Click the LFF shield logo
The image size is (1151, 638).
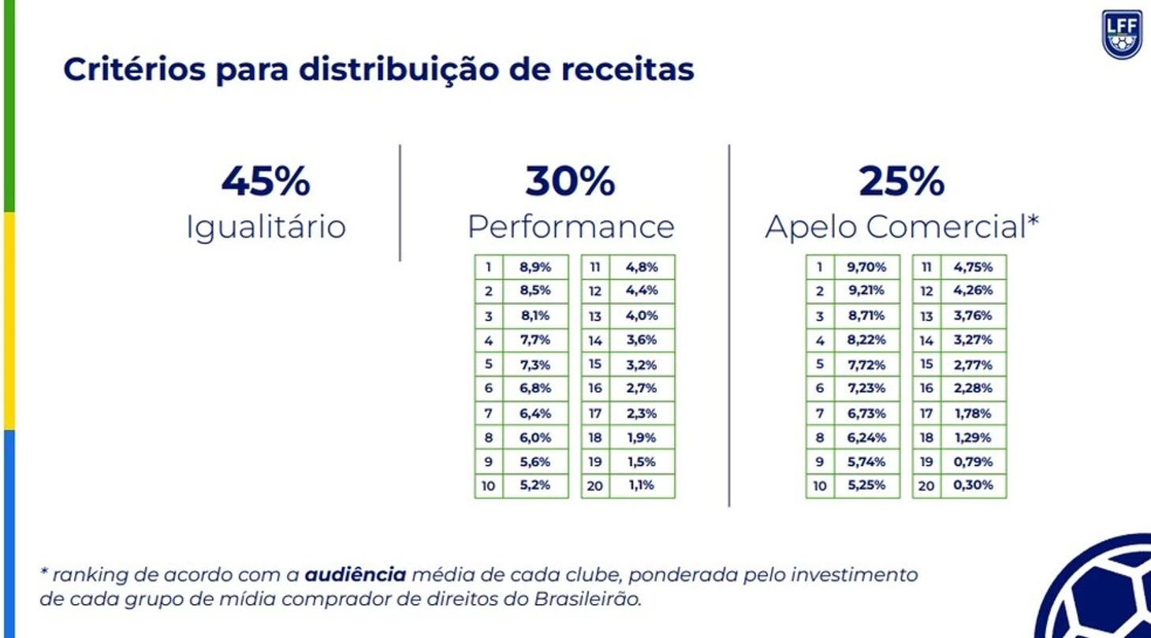click(x=1121, y=34)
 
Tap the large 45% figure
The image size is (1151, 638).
click(x=266, y=181)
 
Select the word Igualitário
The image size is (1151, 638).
click(x=266, y=227)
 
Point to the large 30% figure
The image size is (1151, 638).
click(x=570, y=181)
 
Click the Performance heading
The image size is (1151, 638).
click(x=571, y=227)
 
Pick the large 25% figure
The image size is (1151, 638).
click(x=901, y=181)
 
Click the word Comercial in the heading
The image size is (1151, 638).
click(x=943, y=227)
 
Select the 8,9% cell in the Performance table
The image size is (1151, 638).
click(x=535, y=267)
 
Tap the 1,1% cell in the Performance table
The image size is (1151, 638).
click(x=641, y=486)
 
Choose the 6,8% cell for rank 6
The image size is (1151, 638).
click(x=535, y=388)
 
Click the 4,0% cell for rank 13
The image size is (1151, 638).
click(x=641, y=315)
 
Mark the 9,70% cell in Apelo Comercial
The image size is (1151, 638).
click(x=866, y=267)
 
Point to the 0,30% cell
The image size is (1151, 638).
click(x=973, y=486)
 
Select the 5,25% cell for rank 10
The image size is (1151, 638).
click(x=866, y=486)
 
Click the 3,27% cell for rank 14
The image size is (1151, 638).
click(x=973, y=340)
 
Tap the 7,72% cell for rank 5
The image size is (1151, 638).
click(x=866, y=364)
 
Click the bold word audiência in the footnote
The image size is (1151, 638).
click(x=356, y=575)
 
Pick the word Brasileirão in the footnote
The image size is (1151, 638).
click(x=587, y=599)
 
